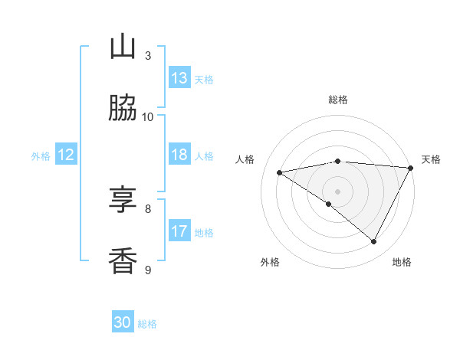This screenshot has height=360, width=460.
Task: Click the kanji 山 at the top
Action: click(123, 47)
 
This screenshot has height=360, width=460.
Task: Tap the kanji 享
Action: click(123, 200)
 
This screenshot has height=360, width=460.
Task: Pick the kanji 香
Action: click(123, 261)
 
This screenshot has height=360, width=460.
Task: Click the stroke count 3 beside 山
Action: click(148, 55)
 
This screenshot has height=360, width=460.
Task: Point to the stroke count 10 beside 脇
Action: click(148, 116)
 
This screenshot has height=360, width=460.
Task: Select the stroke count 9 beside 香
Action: click(148, 270)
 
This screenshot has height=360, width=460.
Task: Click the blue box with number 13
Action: click(179, 78)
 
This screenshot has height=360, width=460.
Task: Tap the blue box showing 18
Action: click(179, 155)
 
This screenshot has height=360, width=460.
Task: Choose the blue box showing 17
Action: click(179, 231)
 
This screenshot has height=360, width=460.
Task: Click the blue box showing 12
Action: click(66, 155)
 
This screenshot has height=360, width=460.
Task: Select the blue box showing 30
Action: click(123, 322)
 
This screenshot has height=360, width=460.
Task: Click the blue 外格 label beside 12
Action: click(41, 156)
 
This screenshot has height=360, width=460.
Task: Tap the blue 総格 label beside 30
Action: click(147, 323)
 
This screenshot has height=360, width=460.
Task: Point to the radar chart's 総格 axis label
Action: click(338, 100)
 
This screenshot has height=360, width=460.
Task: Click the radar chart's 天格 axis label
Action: click(431, 159)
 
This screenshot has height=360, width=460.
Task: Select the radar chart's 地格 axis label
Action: click(402, 262)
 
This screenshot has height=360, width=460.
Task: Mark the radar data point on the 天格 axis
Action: click(411, 168)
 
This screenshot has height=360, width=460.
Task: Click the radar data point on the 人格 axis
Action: click(280, 172)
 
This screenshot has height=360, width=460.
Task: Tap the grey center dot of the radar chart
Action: click(338, 191)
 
